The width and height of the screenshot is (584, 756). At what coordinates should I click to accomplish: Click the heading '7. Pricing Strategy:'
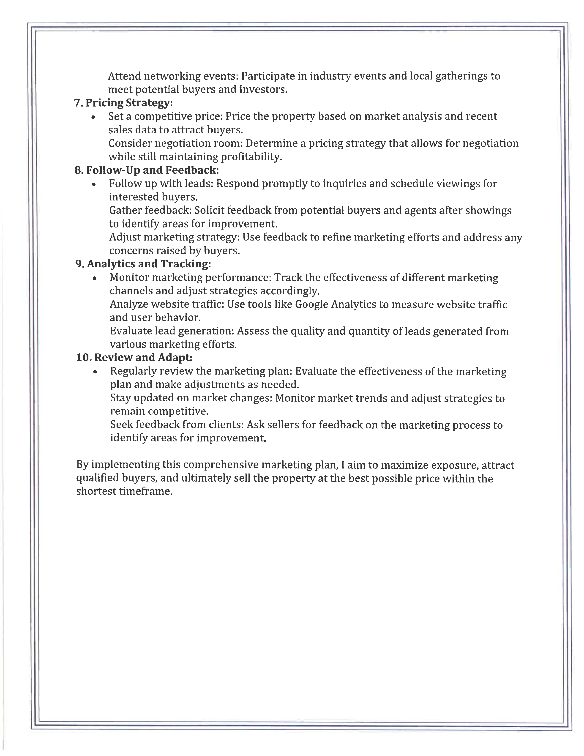[123, 103]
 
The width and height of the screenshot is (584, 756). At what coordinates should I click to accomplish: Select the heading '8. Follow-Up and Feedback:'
[147, 170]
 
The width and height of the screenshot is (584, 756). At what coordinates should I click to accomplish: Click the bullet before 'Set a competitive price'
[93, 118]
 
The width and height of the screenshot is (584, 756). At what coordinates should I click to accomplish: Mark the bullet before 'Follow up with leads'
[93, 185]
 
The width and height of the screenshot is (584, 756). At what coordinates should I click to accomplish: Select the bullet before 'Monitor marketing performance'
[94, 279]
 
